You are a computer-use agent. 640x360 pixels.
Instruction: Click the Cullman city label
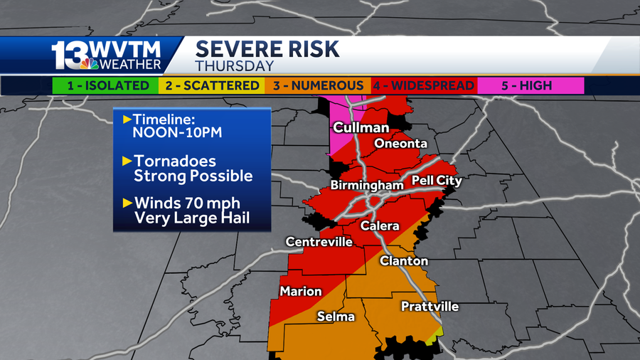point(361,128)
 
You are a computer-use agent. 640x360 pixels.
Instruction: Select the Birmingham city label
point(367,186)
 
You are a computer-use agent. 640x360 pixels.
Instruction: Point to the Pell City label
point(437,181)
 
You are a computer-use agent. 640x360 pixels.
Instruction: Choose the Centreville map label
point(319,242)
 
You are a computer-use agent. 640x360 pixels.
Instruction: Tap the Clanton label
point(404,261)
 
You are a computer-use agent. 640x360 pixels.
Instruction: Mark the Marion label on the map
point(301,291)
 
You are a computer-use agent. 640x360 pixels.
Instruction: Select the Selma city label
point(336,317)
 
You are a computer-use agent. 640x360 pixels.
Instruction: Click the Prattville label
point(430,307)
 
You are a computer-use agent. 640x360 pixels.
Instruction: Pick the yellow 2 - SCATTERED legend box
point(211,85)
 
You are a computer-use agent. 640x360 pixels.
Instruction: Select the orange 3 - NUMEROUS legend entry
point(318,85)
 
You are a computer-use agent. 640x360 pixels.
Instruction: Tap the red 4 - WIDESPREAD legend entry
point(424,85)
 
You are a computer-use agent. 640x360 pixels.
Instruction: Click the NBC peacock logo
point(90,64)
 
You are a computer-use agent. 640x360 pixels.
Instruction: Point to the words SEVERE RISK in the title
point(267,49)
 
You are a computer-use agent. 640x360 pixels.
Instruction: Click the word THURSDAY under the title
point(235,66)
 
